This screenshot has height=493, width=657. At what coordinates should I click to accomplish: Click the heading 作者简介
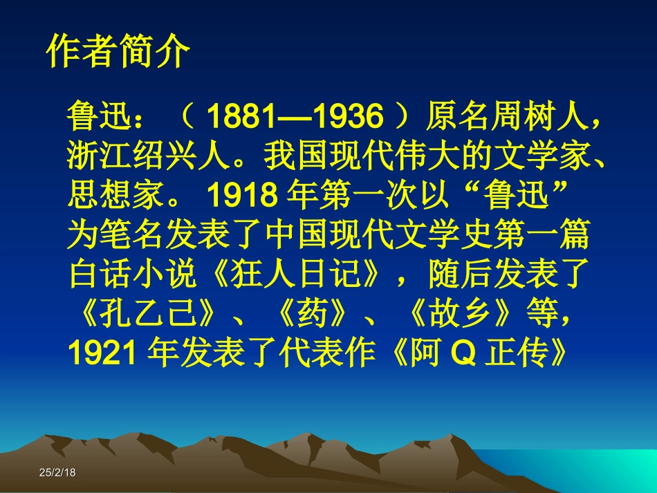pos(118,52)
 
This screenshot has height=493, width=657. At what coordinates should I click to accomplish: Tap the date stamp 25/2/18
pos(57,472)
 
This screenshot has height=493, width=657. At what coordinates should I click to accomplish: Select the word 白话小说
pos(136,275)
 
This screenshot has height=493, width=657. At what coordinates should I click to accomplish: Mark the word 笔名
pos(133,236)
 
